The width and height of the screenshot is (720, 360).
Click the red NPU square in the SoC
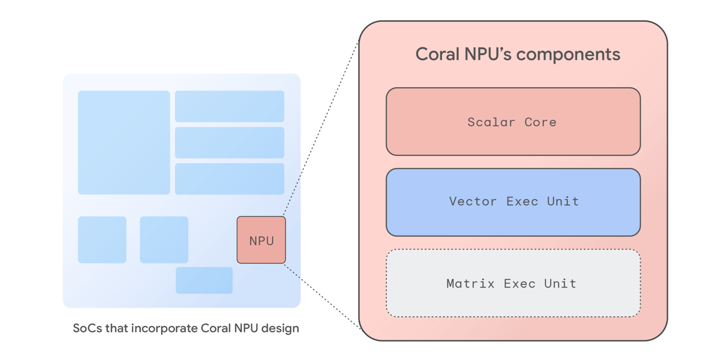coord(261,240)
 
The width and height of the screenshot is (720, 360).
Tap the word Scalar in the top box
coord(491,122)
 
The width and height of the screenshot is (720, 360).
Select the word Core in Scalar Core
coord(541,122)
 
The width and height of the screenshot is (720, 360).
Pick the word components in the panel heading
coord(568,55)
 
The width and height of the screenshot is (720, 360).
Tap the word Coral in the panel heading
coord(437,55)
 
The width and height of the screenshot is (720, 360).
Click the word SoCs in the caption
coord(86,328)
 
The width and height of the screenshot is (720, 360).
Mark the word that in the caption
coord(112,328)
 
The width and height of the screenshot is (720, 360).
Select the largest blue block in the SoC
coord(124,142)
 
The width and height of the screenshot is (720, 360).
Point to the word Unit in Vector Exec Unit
coord(563,201)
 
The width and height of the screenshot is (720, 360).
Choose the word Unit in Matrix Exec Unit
coord(560,283)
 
